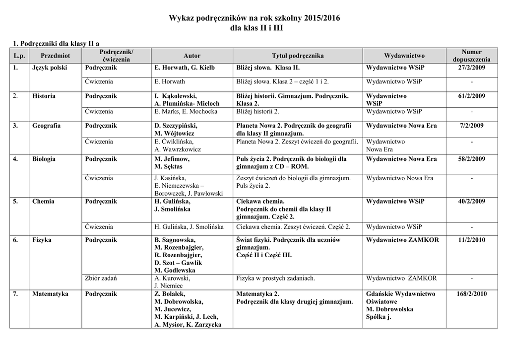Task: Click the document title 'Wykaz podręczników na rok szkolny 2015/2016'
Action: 254,18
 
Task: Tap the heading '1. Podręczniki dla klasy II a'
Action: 59,44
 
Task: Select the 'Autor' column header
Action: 192,56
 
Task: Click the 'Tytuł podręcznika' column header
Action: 298,56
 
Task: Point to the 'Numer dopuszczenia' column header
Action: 471,56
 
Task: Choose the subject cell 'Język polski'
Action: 50,68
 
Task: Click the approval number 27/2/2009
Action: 471,68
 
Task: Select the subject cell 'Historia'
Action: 44,96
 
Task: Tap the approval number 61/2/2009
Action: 471,96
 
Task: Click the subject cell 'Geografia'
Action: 47,126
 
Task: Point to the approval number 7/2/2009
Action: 471,126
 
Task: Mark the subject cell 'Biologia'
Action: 44,159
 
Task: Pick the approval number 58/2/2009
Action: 471,159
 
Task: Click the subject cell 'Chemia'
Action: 43,202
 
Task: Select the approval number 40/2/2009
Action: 471,202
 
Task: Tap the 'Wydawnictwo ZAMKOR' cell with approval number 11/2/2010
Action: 402,240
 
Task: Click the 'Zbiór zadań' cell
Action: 101,278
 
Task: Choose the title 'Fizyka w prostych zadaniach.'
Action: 276,278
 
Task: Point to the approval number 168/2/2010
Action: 471,294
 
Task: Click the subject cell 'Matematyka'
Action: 50,294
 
